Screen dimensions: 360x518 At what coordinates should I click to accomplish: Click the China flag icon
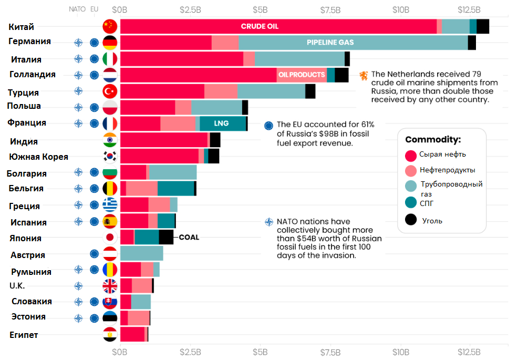coord(110,26)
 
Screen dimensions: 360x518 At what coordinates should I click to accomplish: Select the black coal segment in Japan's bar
coord(166,237)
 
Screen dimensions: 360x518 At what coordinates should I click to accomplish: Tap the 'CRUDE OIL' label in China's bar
coord(260,26)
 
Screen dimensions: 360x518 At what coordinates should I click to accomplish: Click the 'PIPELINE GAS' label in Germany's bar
coord(330,43)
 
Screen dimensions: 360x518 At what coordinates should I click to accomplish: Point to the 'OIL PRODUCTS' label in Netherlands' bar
coord(302,75)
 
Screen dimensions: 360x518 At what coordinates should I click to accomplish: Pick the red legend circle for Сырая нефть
coord(411,155)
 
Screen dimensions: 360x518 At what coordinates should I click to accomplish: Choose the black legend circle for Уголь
coord(411,220)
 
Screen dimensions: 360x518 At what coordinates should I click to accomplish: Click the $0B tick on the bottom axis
coord(120,351)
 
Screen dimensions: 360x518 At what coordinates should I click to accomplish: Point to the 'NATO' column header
coord(77,9)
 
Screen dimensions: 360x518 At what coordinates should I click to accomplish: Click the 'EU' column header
coord(95,9)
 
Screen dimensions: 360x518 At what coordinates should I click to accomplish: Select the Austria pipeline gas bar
coord(141,253)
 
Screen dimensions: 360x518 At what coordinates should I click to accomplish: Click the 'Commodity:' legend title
coord(432,140)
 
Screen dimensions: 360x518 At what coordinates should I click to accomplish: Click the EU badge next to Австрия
coord(95,254)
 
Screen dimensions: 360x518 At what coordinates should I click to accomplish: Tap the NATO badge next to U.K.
coord(78,286)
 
